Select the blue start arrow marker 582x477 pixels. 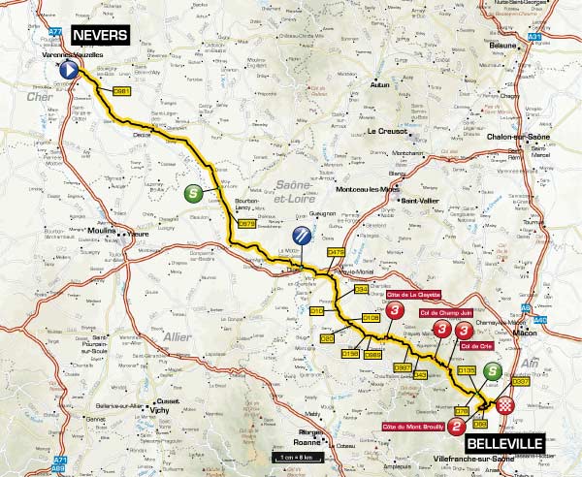click(x=69, y=71)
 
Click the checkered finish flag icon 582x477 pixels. click(x=503, y=407)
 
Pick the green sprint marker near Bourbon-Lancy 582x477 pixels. click(x=194, y=192)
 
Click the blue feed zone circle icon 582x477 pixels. click(x=304, y=235)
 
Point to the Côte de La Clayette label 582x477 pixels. click(x=416, y=295)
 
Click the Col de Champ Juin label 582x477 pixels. click(x=443, y=312)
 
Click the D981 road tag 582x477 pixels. click(x=122, y=90)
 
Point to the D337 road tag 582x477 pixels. click(x=521, y=381)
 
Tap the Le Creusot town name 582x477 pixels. click(x=384, y=132)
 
